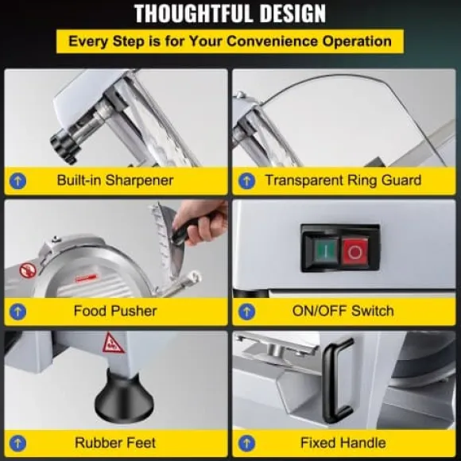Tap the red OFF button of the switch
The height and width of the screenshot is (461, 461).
coord(354,251)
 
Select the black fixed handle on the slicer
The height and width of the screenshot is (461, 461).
coord(335,380)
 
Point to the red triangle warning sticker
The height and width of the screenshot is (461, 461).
coord(112,343)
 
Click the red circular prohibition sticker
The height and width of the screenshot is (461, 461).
coord(28,269)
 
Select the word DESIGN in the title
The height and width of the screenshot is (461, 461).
coord(292,14)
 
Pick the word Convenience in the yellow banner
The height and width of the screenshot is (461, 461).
coord(273,41)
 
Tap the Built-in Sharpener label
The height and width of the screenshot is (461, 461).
coord(115,180)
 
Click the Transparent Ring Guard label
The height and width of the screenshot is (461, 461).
coord(343,180)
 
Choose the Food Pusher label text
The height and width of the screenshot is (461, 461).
coord(115,311)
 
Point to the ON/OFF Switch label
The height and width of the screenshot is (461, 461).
coord(343,311)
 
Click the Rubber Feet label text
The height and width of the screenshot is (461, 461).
coord(115,443)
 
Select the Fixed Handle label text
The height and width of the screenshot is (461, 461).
coord(343,443)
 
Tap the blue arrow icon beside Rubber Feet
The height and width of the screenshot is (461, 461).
coord(18,443)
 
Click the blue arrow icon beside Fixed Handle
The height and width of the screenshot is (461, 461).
coord(246,443)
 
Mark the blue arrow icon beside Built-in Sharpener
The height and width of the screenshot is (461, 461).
coord(18,180)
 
